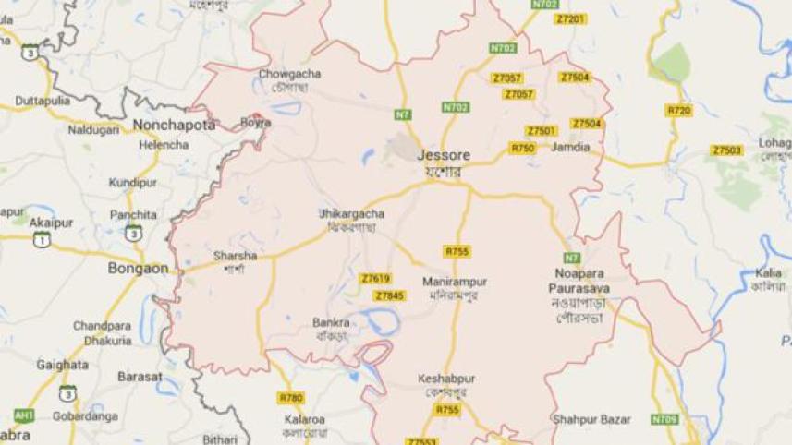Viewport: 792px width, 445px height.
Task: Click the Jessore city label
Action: (x=439, y=156)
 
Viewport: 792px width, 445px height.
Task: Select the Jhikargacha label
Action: (x=351, y=213)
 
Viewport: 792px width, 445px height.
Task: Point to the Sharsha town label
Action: (x=235, y=256)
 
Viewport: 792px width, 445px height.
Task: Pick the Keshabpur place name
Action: (x=444, y=379)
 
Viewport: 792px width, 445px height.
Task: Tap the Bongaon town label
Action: (x=138, y=269)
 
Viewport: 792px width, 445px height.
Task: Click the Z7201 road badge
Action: (x=571, y=18)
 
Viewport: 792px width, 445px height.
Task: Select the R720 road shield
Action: (x=678, y=111)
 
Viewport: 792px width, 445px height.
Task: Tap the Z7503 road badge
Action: (x=726, y=150)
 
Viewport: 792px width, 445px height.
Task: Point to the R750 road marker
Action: (x=522, y=148)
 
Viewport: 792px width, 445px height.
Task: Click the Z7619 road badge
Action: (x=376, y=278)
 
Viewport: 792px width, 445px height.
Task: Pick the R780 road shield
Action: (x=290, y=398)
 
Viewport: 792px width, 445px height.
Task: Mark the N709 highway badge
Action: (x=664, y=419)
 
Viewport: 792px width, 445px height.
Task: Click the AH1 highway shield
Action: (x=24, y=415)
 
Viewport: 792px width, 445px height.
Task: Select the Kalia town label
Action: (x=767, y=273)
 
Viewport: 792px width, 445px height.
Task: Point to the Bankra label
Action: (x=331, y=322)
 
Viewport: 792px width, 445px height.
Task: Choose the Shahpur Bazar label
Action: (x=591, y=419)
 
